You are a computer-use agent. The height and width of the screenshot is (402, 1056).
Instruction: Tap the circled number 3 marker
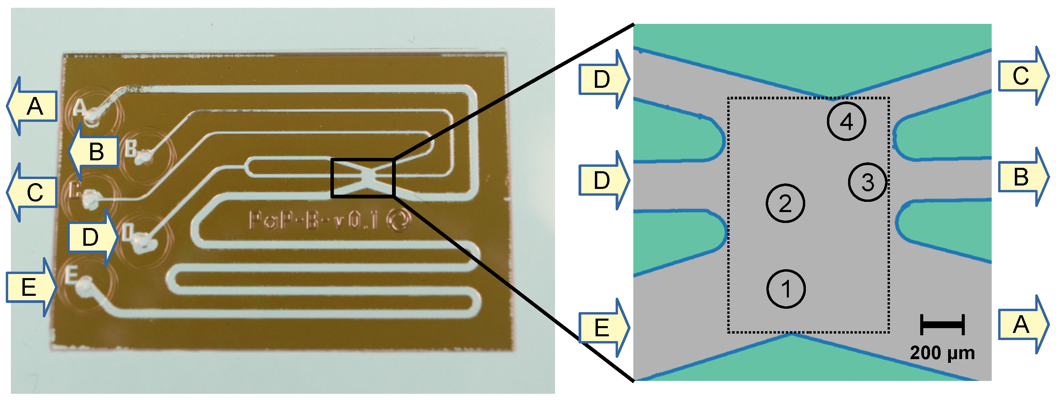tap(867, 182)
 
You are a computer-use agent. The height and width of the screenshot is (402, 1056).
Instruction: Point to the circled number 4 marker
tap(846, 122)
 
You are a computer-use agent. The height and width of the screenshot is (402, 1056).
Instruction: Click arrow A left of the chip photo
tap(33, 107)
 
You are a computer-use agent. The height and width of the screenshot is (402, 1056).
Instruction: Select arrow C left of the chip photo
tap(33, 192)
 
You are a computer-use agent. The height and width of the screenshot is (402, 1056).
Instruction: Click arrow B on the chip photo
tap(94, 152)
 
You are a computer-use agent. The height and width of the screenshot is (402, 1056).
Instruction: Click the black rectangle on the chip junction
tap(362, 178)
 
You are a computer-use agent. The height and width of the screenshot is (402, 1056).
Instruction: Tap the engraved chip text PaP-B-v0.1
tap(314, 220)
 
